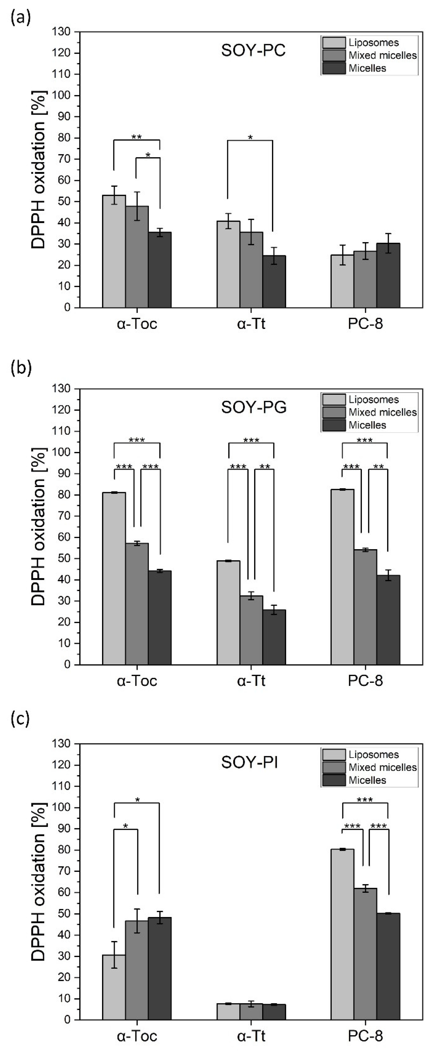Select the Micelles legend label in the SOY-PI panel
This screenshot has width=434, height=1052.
(x=367, y=780)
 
